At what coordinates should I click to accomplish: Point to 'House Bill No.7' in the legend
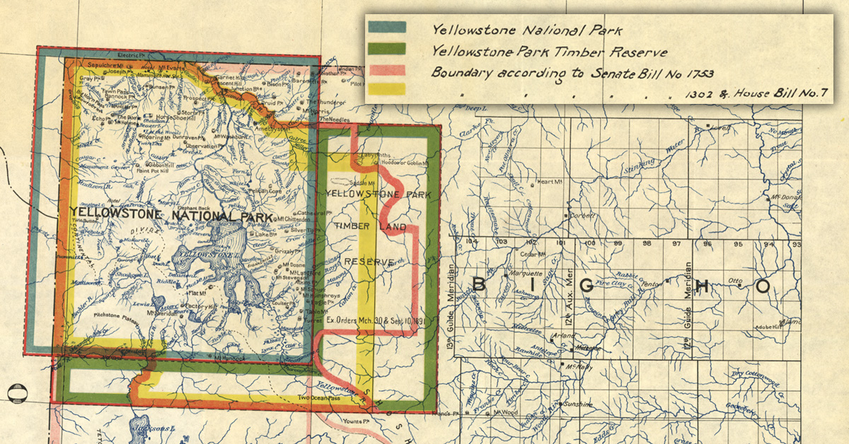[x=772, y=93]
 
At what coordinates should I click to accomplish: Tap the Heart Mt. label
[x=548, y=182]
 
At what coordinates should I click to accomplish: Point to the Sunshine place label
[x=579, y=403]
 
